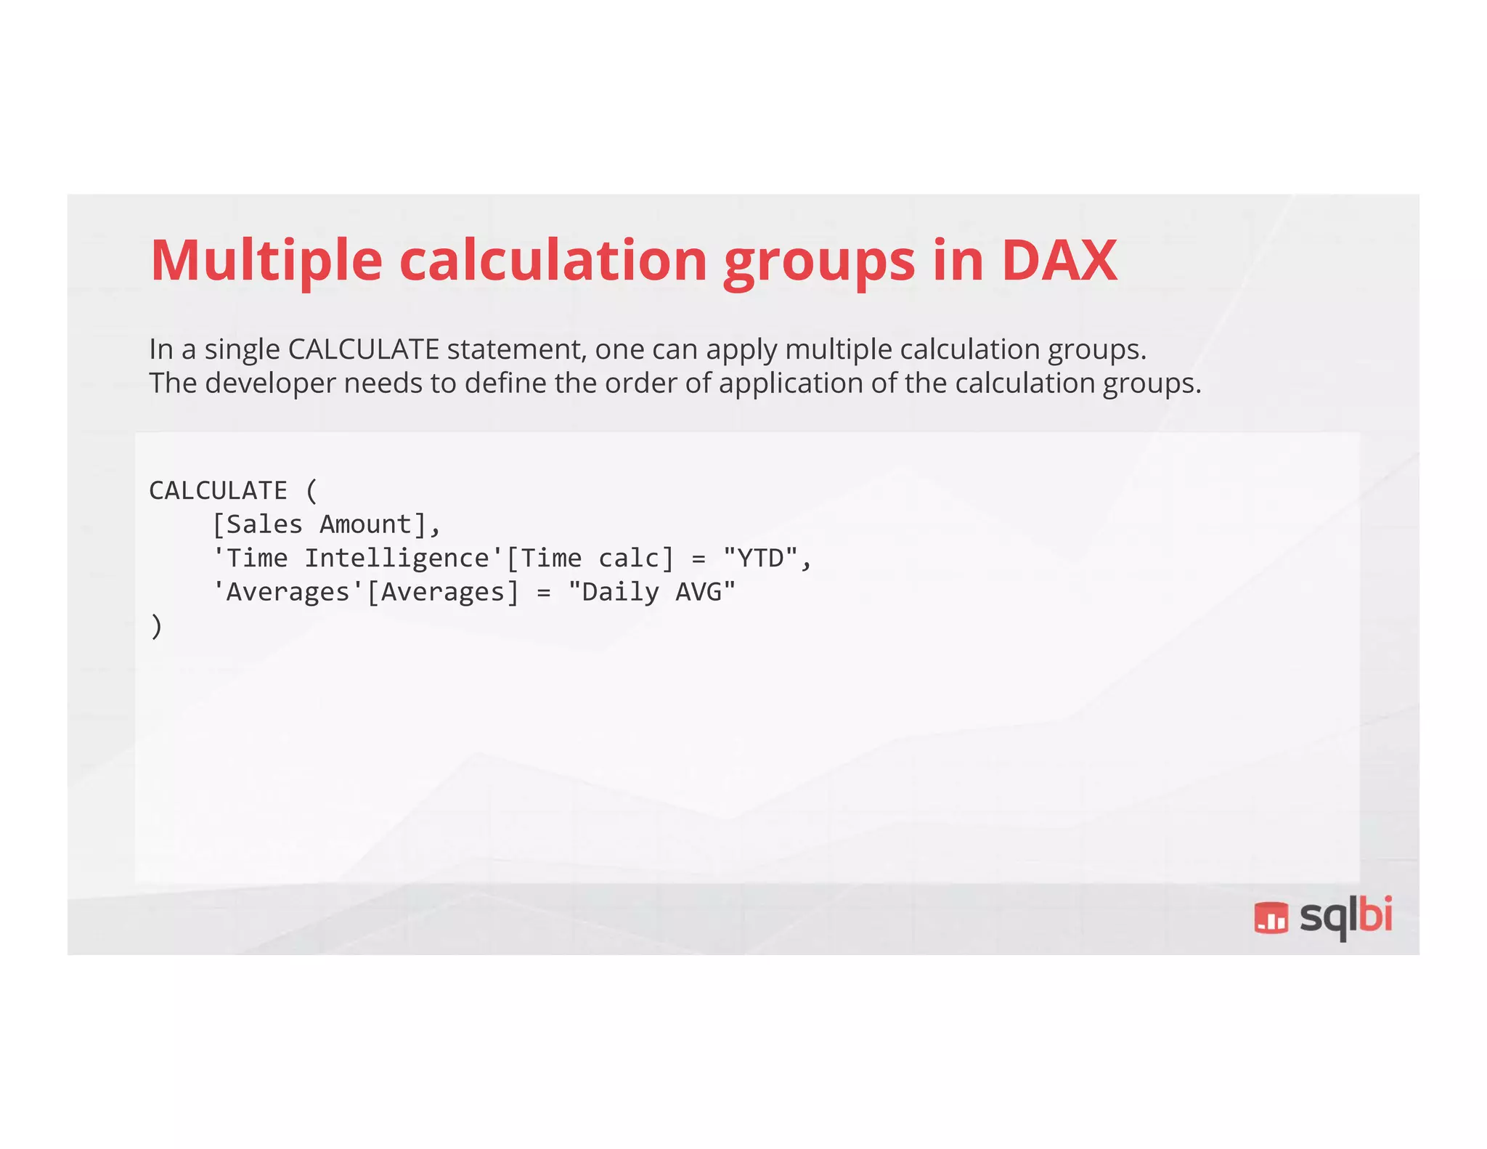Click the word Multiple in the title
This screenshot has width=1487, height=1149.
pyautogui.click(x=266, y=261)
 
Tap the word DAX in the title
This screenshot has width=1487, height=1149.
pyautogui.click(x=1059, y=261)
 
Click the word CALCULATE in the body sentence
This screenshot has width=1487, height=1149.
pyautogui.click(x=363, y=349)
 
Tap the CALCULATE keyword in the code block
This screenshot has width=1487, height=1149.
pyautogui.click(x=218, y=490)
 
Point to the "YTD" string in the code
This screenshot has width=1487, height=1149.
pyautogui.click(x=760, y=559)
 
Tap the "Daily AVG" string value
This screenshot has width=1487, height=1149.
pyautogui.click(x=651, y=592)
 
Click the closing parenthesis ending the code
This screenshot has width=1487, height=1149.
pyautogui.click(x=156, y=626)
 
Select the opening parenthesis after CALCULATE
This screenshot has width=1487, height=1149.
pyautogui.click(x=311, y=490)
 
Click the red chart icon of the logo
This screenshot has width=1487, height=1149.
pyautogui.click(x=1271, y=917)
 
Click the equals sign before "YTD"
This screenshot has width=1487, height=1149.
pyautogui.click(x=698, y=559)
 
